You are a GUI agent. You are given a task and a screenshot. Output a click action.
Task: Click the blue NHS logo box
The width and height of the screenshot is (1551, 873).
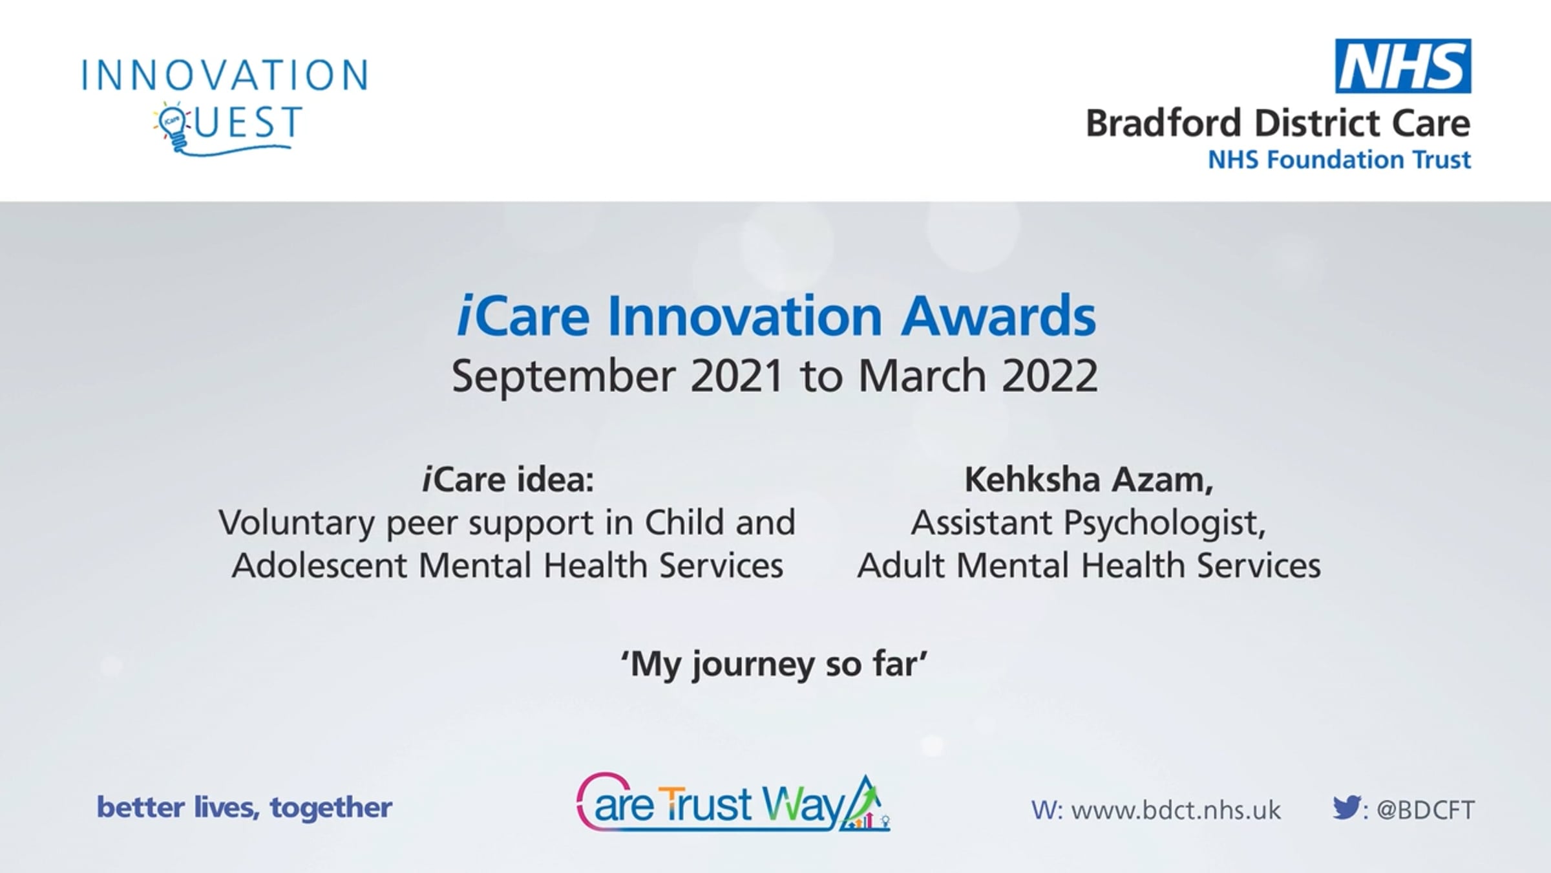1403,66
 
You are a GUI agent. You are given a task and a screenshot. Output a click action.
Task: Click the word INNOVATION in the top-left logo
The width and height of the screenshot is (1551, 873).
225,74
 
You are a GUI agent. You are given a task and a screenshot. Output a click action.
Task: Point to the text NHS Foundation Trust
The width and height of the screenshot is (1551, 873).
1339,160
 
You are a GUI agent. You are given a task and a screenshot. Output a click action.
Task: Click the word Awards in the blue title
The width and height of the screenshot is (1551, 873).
998,316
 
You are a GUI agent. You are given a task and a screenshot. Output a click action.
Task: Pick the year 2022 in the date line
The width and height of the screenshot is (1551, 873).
1050,376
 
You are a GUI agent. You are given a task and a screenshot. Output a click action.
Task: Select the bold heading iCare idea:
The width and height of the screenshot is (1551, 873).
508,479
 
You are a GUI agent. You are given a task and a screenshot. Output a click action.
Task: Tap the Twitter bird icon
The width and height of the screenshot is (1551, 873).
1347,807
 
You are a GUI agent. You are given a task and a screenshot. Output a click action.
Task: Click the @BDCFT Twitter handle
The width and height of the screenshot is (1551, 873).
1425,810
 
